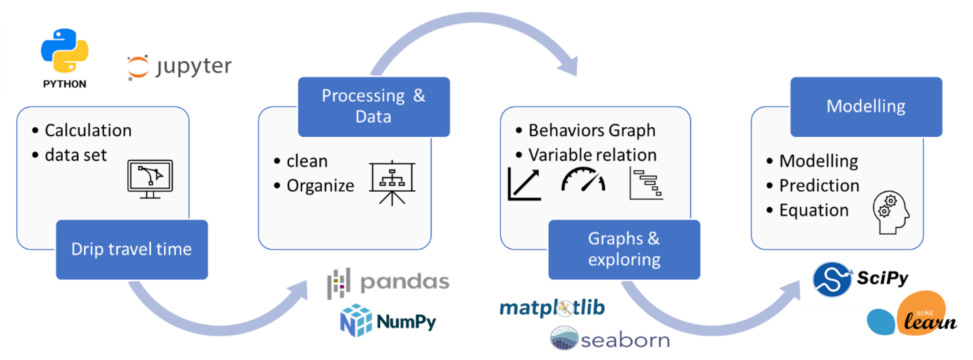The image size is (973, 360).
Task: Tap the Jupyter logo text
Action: (193, 67)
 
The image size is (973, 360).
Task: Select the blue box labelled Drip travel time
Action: (132, 249)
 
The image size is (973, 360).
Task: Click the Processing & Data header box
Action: (374, 107)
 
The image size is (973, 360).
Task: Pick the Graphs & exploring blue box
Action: (624, 249)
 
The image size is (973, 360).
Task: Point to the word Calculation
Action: (88, 130)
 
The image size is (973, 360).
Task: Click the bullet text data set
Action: (76, 155)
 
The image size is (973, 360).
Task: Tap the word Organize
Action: (320, 185)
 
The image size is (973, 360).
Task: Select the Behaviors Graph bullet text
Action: (591, 130)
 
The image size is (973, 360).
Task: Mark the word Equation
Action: (814, 210)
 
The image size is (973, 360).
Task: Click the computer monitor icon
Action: (150, 179)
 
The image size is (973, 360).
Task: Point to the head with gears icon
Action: (891, 212)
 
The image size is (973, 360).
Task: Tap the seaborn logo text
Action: (625, 340)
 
